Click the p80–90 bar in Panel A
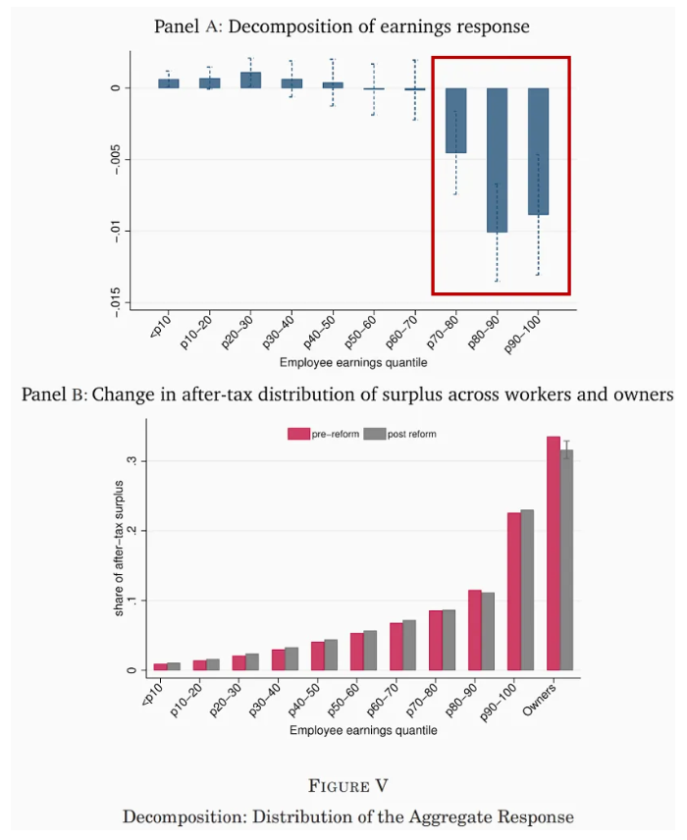tap(498, 160)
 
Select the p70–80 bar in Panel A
tap(456, 121)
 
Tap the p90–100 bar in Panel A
tap(538, 151)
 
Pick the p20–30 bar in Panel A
tap(250, 79)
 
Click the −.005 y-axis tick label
tap(115, 159)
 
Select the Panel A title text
tap(342, 26)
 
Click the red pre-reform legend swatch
tap(298, 434)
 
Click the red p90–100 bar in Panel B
tap(513, 592)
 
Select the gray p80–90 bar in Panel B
tap(488, 632)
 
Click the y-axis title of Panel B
tap(120, 548)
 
